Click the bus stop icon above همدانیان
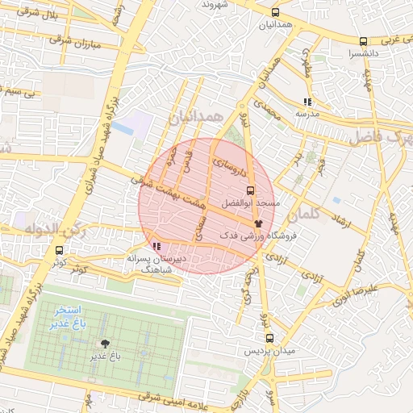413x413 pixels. coord(276,13)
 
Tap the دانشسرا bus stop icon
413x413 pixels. coord(364,42)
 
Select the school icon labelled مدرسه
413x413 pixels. coord(307,102)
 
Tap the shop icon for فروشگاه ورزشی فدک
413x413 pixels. coord(258,222)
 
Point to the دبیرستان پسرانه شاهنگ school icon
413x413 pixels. coord(155,246)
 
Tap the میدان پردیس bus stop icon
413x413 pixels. coord(269,339)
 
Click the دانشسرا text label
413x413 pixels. coord(360,53)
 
